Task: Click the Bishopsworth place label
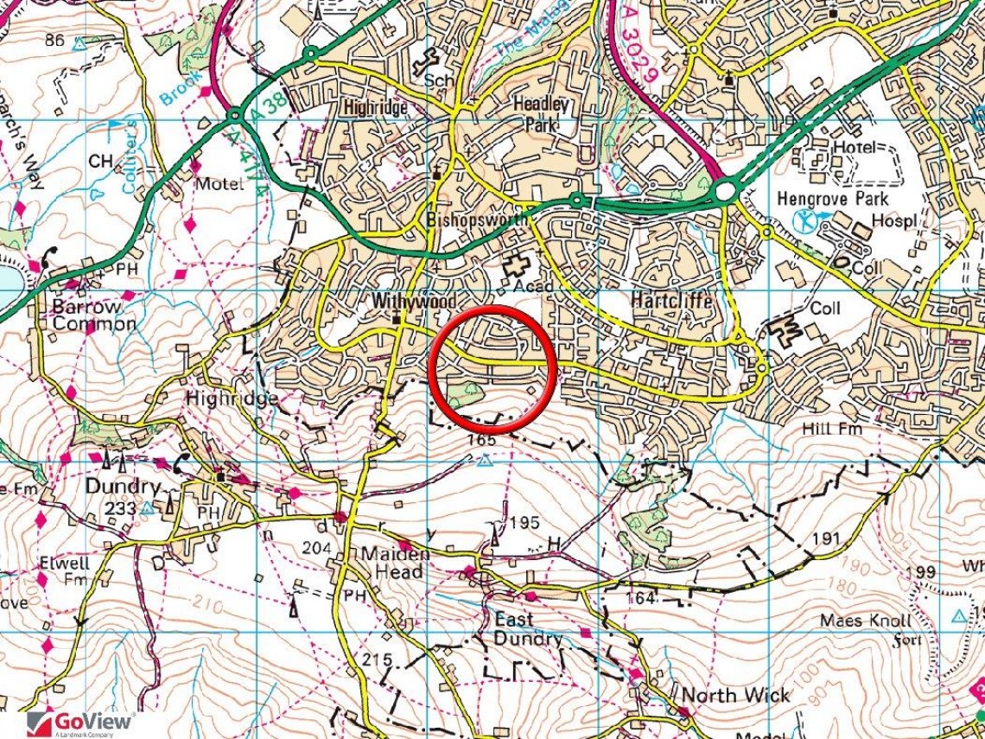pos(477,220)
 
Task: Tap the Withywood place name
pos(402,302)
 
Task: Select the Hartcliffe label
pos(671,301)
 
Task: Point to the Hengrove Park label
pos(832,199)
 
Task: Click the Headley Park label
pos(542,114)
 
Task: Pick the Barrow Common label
pos(93,315)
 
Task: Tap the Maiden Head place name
pos(394,563)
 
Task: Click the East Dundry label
pos(526,629)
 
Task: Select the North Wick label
pos(734,695)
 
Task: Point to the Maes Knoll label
pos(865,621)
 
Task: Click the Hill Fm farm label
pos(827,429)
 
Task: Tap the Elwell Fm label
pos(64,570)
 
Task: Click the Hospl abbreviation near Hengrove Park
pos(895,220)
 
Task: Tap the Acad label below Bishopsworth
pos(533,286)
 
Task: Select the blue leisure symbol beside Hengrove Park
pos(804,220)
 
